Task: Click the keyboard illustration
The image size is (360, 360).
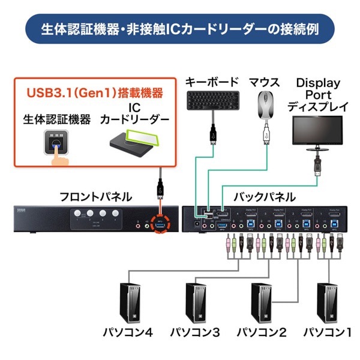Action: [x=212, y=100]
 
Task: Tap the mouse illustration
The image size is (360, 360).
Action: [x=266, y=106]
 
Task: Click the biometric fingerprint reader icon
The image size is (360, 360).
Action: [x=58, y=144]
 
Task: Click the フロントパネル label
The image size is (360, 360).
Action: [x=96, y=196]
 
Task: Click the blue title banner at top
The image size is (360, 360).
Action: [x=179, y=28]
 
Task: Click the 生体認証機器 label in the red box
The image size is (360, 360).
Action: [x=58, y=119]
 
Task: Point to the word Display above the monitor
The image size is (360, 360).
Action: [x=318, y=83]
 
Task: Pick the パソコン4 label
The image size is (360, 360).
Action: [x=128, y=331]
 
